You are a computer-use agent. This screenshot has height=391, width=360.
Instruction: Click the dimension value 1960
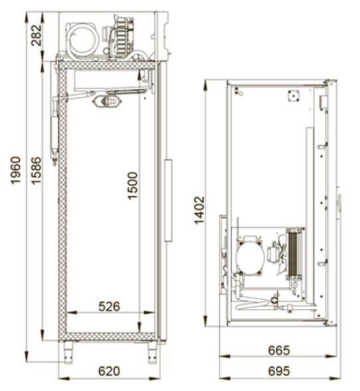click(15, 170)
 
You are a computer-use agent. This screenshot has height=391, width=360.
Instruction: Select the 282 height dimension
click(37, 35)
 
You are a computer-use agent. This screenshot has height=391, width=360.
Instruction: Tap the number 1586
click(37, 170)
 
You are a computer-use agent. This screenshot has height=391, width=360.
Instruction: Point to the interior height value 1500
click(132, 186)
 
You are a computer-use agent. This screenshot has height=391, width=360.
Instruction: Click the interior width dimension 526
click(109, 307)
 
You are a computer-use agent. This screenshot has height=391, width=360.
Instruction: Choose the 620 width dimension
click(109, 371)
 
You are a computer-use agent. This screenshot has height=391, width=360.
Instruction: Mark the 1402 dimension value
click(200, 211)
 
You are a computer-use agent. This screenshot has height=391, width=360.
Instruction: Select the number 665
click(279, 350)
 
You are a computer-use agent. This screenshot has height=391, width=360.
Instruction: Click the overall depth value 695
click(279, 371)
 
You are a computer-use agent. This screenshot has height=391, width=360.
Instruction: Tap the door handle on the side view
click(168, 201)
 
